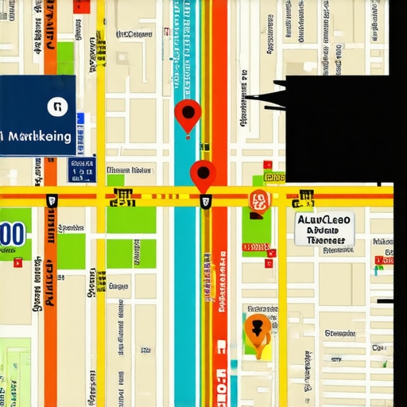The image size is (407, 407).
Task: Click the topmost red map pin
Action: click(x=187, y=114)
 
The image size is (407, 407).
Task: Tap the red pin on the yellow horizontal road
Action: click(x=203, y=173)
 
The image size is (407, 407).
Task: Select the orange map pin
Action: click(x=256, y=328)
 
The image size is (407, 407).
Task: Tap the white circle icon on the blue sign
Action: click(x=56, y=107)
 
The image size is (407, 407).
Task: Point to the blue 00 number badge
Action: click(x=13, y=234)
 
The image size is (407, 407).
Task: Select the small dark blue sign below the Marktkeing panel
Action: click(x=81, y=170)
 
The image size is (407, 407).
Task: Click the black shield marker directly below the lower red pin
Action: click(x=206, y=202)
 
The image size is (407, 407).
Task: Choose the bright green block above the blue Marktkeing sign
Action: click(x=64, y=57)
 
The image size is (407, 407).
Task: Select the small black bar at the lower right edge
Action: click(x=386, y=301)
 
